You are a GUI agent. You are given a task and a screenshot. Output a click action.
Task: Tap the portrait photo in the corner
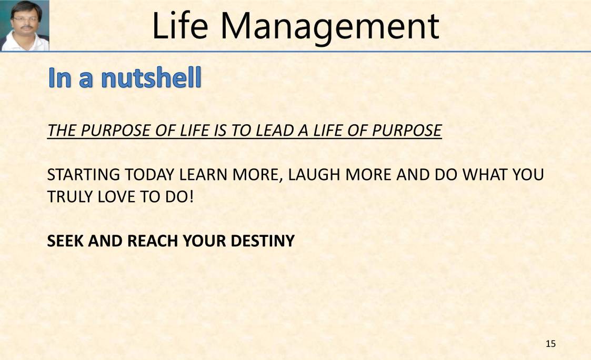point(25,25)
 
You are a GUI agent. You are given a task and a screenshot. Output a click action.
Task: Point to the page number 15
point(550,344)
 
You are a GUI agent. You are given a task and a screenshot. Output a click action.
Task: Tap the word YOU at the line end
point(530,175)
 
